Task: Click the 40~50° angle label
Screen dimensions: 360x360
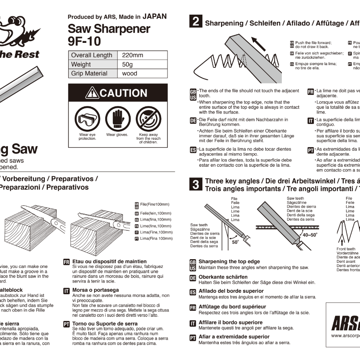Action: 310,235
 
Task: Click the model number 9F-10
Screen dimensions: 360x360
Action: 84,41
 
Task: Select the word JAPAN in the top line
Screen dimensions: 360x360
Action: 154,17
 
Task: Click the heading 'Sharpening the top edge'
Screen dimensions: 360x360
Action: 229,262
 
